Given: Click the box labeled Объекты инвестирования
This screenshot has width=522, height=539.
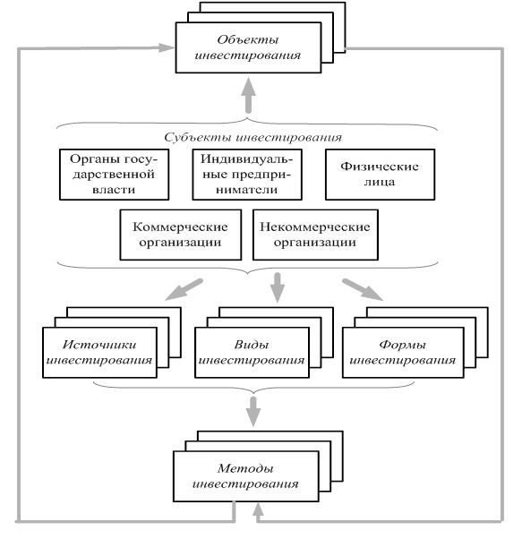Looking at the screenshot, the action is point(248,47).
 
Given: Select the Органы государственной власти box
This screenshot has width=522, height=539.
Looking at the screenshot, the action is point(114,175).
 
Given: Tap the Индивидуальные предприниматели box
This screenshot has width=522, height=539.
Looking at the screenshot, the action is point(247,175).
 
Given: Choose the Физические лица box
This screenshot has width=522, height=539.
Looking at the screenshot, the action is point(380,175).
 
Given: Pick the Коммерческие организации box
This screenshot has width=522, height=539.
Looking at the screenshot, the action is point(180,235).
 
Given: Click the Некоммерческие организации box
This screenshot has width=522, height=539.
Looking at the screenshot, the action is point(315,235).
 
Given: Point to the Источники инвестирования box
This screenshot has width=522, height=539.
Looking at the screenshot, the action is point(99,353).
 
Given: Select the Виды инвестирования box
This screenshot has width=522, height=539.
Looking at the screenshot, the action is point(252,353).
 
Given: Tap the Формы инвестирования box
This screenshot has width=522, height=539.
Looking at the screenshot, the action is point(403,353).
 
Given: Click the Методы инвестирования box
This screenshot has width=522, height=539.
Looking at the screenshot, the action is point(246,476).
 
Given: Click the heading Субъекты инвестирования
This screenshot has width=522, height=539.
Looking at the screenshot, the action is point(252,138).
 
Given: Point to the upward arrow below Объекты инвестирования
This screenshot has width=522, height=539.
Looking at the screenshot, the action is point(248,95).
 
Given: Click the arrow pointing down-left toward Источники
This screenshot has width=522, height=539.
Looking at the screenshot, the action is point(184,289).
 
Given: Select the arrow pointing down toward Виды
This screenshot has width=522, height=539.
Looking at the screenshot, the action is point(278,287).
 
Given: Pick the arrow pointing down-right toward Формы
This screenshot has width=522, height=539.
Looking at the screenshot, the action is point(363,289).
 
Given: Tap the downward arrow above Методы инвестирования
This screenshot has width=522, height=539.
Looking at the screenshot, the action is point(253,412).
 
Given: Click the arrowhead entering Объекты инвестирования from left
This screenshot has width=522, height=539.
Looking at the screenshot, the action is point(166,47).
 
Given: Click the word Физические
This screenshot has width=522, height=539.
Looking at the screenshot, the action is point(380,167).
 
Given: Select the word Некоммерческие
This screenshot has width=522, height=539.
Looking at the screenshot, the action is point(315,227).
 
